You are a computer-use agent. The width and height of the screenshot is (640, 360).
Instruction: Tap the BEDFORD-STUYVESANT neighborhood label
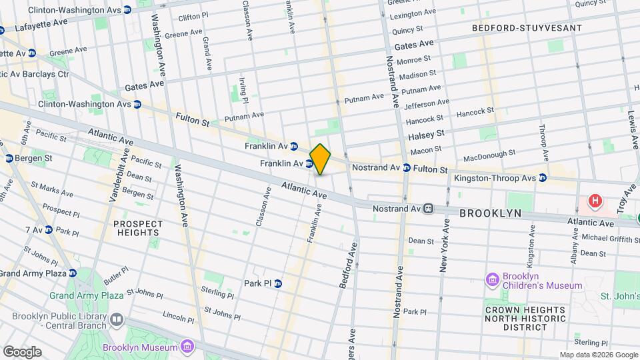527,29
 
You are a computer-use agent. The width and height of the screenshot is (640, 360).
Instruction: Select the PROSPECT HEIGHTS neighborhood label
138,228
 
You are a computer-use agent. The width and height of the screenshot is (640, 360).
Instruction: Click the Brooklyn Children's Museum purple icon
493,279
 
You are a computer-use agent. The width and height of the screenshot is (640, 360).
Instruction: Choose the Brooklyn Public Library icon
117,319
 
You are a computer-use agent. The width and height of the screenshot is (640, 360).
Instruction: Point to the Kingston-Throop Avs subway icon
543,178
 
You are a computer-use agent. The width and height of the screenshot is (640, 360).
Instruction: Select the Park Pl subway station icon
278,283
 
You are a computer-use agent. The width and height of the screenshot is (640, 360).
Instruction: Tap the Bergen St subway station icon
9,158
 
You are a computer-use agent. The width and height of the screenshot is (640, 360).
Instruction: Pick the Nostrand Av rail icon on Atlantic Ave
430,209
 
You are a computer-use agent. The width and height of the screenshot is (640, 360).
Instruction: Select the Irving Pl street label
244,89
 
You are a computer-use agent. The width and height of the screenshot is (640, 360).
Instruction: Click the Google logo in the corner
21,352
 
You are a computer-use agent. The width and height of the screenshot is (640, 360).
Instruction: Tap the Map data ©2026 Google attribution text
598,355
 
